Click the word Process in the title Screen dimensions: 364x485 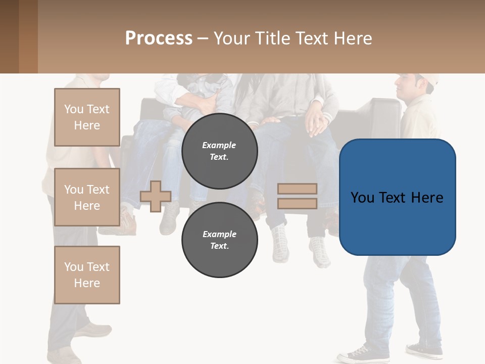(x=159, y=38)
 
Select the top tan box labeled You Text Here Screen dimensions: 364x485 (x=87, y=117)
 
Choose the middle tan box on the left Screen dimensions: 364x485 (x=87, y=197)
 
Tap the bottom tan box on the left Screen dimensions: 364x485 (x=87, y=275)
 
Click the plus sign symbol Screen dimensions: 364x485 (x=156, y=196)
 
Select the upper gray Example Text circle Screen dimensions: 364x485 (x=219, y=151)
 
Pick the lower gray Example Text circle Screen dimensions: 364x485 (x=219, y=240)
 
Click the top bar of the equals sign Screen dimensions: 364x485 (x=298, y=189)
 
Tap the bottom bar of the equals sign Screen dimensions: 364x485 (x=298, y=203)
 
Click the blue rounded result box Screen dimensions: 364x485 (x=397, y=197)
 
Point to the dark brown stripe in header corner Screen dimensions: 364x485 (x=9, y=36)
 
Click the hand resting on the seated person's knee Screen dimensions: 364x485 (x=317, y=122)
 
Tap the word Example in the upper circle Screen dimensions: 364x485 (x=219, y=145)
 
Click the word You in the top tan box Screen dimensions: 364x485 (x=73, y=109)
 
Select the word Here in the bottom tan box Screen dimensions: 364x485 (x=87, y=283)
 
